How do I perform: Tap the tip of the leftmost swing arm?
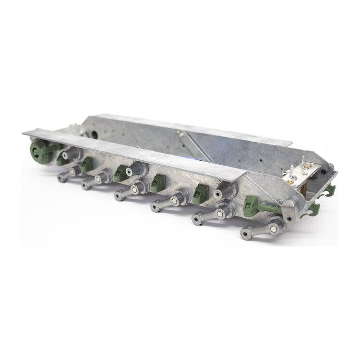[x=61, y=178]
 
